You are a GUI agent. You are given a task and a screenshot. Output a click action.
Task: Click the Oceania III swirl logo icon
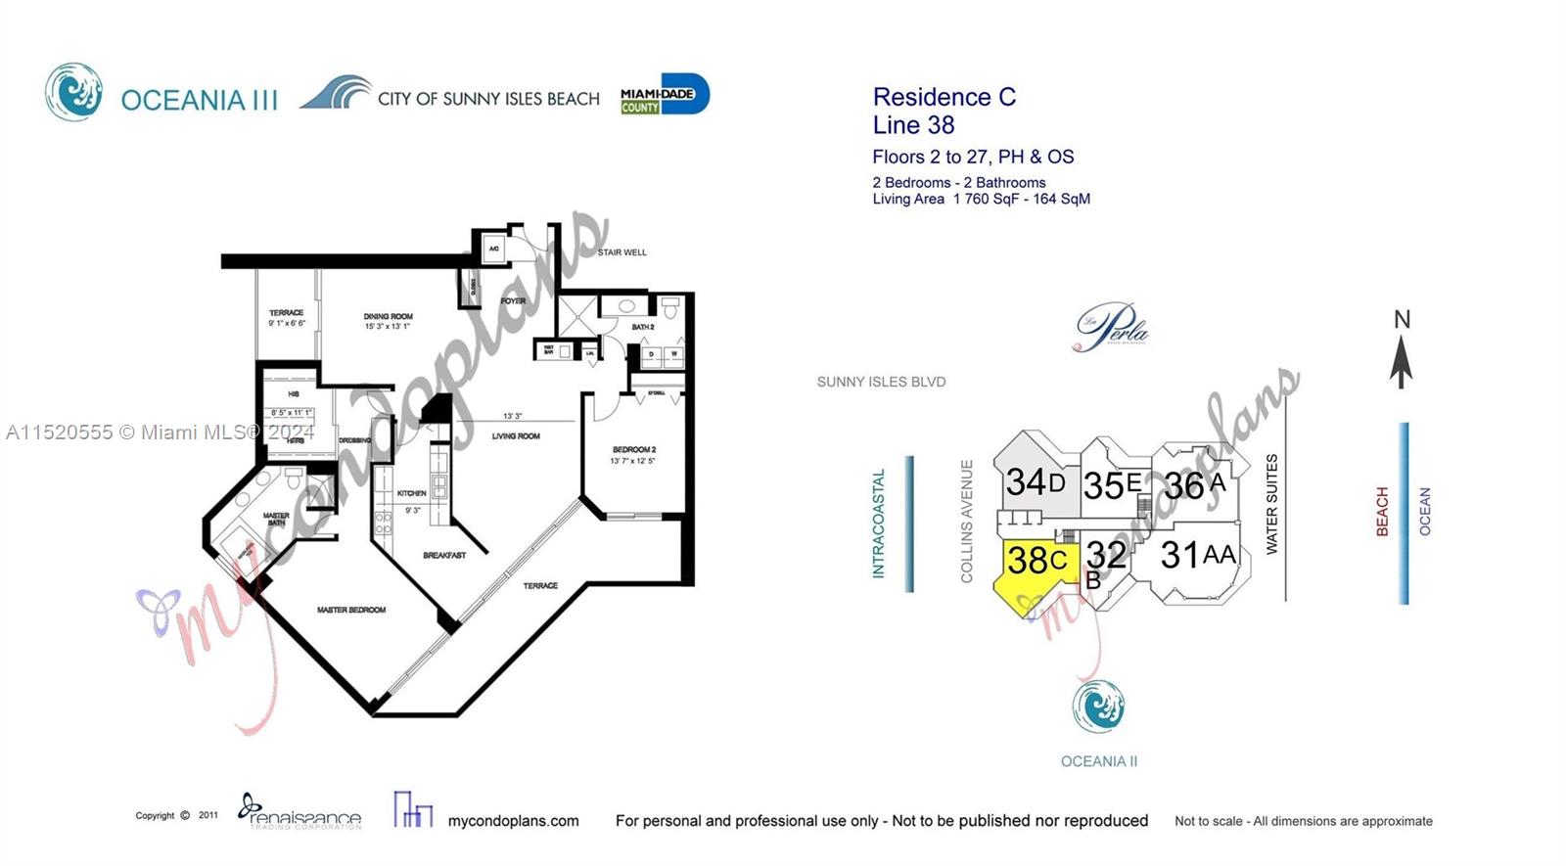point(73,92)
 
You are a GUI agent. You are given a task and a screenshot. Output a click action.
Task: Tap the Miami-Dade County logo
point(665,95)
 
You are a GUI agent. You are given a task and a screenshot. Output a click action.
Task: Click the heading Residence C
point(944,97)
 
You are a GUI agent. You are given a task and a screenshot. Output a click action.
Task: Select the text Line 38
point(913,125)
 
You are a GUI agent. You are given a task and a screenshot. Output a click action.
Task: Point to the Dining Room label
point(388,317)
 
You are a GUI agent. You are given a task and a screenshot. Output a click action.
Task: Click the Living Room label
point(516,436)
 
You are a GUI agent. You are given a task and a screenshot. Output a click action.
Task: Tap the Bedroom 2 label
point(632,450)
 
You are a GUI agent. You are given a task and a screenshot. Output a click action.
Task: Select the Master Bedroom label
point(350,610)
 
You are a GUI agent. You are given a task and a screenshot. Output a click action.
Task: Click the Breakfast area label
point(444,555)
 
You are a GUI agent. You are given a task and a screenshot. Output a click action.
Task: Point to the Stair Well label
point(622,252)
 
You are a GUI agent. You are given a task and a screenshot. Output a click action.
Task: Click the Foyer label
point(513,301)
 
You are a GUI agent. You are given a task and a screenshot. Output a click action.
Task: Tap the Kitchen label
point(411,493)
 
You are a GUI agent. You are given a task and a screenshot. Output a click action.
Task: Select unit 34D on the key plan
point(1035,482)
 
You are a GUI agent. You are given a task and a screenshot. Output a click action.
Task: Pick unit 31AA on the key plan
point(1198,556)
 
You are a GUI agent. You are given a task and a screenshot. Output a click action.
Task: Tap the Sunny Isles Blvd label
point(881,383)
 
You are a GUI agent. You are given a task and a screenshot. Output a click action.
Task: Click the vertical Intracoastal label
point(878,524)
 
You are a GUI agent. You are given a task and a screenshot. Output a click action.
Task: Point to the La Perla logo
point(1112,327)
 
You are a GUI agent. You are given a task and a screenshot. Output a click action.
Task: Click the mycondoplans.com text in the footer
point(513,821)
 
